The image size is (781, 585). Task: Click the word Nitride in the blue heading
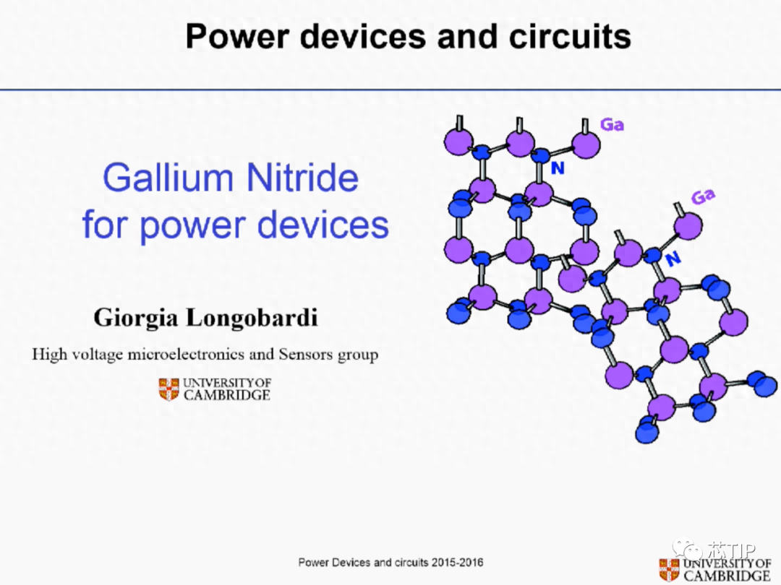(302, 178)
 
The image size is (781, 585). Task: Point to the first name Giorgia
(135, 318)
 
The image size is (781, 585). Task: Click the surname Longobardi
(252, 317)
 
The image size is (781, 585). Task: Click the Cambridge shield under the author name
(168, 389)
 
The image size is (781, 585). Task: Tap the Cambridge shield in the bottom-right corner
(669, 570)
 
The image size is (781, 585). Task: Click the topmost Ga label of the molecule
(612, 124)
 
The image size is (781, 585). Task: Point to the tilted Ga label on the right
(703, 196)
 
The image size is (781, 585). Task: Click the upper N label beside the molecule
(558, 168)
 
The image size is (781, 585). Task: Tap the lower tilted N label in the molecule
(673, 258)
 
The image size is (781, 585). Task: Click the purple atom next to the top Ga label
(586, 144)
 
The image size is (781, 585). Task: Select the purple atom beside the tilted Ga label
(688, 225)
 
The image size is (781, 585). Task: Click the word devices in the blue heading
(323, 225)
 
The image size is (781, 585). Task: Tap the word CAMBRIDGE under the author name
(226, 395)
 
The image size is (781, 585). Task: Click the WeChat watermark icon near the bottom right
(688, 549)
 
